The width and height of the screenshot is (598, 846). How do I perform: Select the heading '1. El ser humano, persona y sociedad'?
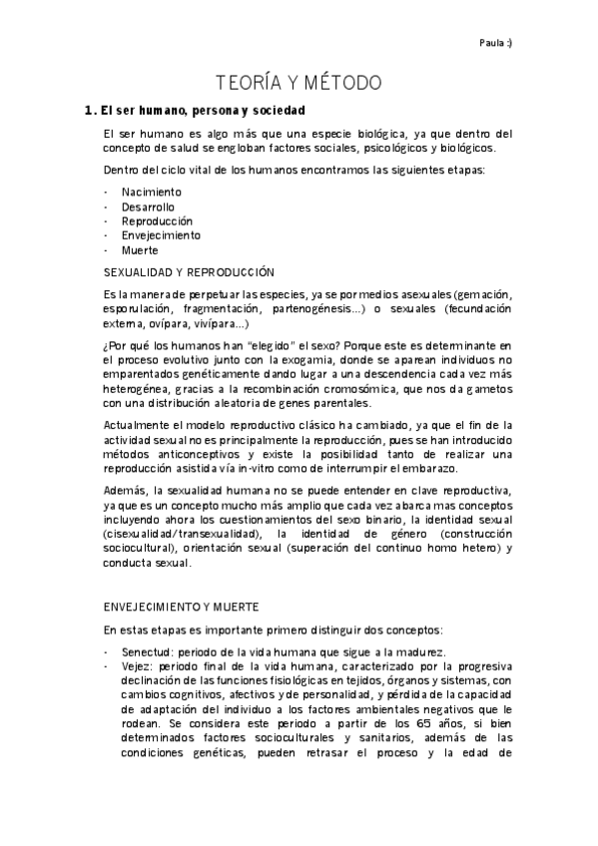[x=195, y=110]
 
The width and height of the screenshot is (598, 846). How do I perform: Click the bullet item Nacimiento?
[x=151, y=192]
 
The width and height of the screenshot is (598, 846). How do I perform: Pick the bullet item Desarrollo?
[x=148, y=207]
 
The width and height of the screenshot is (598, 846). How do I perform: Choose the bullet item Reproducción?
[x=157, y=220]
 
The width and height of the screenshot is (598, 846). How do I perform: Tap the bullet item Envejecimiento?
[x=161, y=235]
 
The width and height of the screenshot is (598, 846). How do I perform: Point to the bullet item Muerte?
[x=140, y=250]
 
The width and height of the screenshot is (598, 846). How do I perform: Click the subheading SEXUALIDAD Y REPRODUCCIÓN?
[x=189, y=272]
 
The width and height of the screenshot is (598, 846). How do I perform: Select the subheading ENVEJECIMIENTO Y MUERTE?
[x=182, y=606]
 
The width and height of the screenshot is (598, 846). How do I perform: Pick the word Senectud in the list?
[x=141, y=651]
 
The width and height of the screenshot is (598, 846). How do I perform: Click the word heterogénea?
[x=138, y=389]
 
